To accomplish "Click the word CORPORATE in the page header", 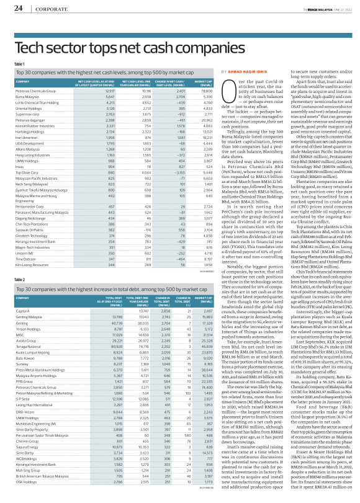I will (42, 9).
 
